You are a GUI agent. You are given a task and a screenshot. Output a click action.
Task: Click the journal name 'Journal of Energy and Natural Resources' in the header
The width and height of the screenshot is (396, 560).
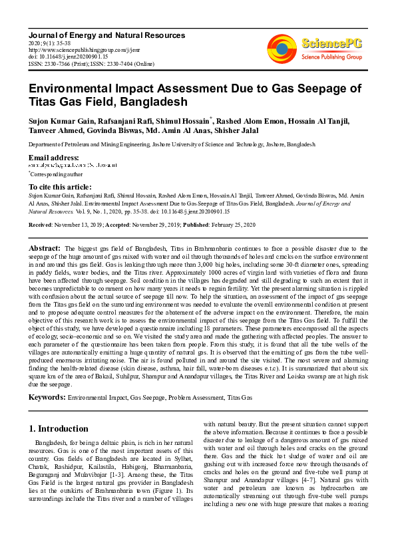click(100, 33)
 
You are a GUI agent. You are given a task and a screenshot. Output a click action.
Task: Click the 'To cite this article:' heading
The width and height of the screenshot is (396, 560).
click(60, 187)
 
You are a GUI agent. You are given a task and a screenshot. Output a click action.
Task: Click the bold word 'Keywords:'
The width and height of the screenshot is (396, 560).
click(46, 398)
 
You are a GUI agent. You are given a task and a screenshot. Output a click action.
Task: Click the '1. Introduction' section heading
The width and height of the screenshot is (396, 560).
click(60, 428)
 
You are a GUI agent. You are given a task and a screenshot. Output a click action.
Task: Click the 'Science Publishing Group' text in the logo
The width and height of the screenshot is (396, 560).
click(331, 57)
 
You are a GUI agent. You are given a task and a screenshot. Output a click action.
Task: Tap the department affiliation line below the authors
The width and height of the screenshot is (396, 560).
click(172, 144)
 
